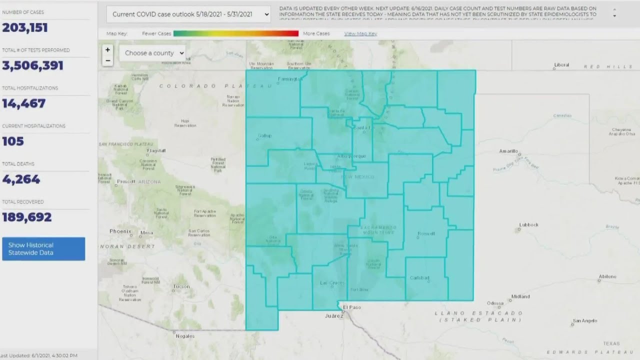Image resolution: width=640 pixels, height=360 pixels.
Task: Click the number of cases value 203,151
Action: pos(25,27)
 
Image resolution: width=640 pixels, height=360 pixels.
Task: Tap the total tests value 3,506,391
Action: pos(33,65)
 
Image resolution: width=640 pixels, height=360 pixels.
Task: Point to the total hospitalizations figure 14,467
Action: pos(24,103)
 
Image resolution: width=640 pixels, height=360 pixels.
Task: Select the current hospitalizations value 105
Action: pos(13,141)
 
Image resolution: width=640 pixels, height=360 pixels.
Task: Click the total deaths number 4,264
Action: pos(21,179)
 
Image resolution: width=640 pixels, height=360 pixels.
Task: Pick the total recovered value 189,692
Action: pos(27,217)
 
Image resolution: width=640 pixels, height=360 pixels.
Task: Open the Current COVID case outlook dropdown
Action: pos(188,14)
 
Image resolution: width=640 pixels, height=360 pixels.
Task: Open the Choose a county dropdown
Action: pos(152,53)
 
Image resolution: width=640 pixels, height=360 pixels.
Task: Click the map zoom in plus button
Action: pos(107,50)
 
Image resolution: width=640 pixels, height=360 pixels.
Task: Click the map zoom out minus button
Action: pos(107,61)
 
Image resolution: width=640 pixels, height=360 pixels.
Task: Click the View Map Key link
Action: pos(360,33)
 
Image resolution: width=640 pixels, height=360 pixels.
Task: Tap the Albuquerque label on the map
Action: pos(351,156)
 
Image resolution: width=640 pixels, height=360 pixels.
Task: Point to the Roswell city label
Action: pos(426,233)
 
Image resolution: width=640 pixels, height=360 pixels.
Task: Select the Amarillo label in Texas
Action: pos(509,151)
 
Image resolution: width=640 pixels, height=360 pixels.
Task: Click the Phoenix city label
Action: pos(120,231)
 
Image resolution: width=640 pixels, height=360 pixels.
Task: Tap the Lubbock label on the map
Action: pos(528,225)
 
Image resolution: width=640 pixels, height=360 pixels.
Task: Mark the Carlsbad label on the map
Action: pos(419,278)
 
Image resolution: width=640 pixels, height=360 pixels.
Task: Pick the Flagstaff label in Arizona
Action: pos(156,150)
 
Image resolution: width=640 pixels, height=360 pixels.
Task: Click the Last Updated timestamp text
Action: pos(38,355)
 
